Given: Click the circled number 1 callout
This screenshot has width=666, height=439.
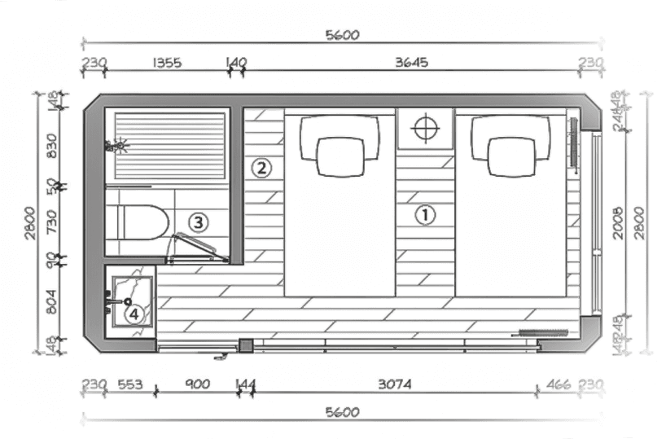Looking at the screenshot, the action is pyautogui.click(x=425, y=215).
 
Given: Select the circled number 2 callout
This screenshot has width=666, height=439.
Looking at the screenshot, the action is pyautogui.click(x=261, y=169).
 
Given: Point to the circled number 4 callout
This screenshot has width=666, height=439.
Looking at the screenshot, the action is pyautogui.click(x=133, y=313).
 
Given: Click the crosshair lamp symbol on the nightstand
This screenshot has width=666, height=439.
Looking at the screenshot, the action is pyautogui.click(x=425, y=128).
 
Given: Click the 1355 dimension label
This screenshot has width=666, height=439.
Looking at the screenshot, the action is pyautogui.click(x=166, y=63).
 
